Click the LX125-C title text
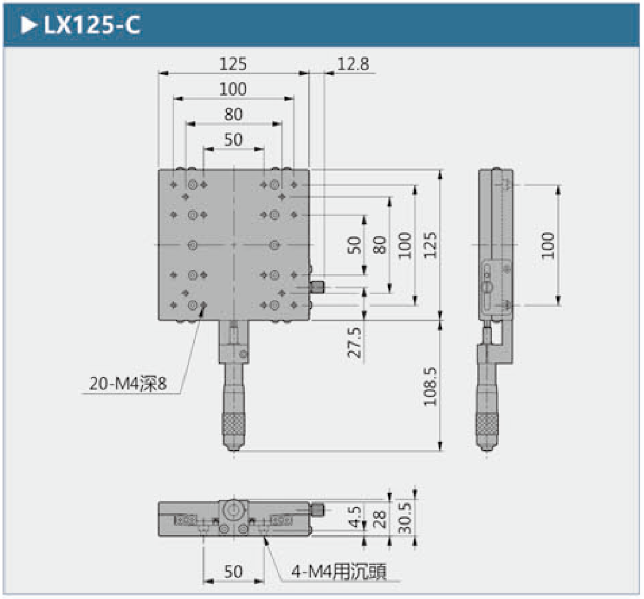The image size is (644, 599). click(x=91, y=25)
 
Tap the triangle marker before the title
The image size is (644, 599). click(x=28, y=25)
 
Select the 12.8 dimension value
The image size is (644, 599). click(x=353, y=64)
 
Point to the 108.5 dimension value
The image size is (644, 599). click(x=431, y=386)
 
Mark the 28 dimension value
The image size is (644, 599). click(x=380, y=518)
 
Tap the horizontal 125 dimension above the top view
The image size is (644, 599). click(x=233, y=64)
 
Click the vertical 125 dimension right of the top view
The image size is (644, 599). click(x=431, y=244)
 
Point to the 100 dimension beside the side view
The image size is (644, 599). click(x=547, y=244)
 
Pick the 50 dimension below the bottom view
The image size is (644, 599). click(x=233, y=571)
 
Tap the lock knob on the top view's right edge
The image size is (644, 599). click(x=318, y=288)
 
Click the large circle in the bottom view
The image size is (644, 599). click(x=233, y=509)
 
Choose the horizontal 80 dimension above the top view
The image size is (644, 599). click(x=233, y=114)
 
